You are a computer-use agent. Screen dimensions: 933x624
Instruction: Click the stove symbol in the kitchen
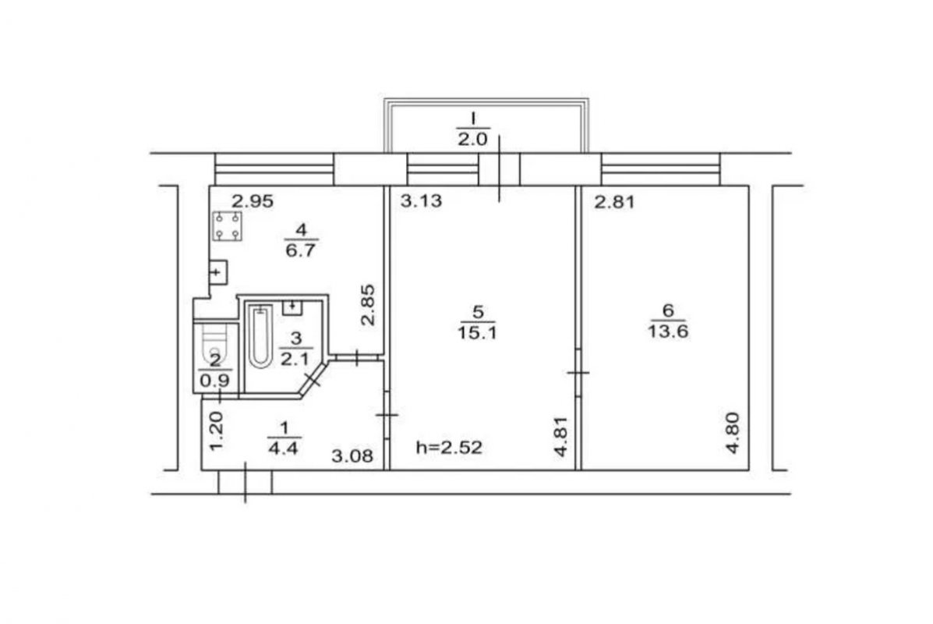pos(228,225)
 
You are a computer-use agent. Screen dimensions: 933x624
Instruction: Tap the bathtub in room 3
pos(260,336)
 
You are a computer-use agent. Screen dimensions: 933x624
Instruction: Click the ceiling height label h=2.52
pos(449,447)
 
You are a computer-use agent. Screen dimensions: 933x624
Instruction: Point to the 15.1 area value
pos(477,332)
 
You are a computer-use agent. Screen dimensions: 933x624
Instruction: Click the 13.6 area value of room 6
pos(668,331)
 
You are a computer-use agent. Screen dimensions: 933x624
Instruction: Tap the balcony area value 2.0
pos(472,140)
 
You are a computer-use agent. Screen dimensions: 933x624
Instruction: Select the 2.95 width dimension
pos(253,201)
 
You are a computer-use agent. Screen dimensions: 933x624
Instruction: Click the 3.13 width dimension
pos(421,200)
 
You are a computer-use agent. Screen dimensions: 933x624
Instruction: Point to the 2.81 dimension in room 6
pos(615,203)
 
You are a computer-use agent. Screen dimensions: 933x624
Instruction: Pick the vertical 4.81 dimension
pos(560,437)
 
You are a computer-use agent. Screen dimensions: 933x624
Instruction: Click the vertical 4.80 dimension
pos(733,433)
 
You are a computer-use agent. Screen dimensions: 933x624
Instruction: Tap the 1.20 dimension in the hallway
pos(217,431)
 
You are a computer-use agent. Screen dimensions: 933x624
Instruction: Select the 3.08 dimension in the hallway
pos(352,456)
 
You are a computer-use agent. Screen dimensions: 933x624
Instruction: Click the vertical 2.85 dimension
pos(369,304)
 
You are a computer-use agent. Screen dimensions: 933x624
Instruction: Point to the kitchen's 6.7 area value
pos(301,250)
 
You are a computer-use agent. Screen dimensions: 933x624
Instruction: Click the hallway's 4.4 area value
pos(283,448)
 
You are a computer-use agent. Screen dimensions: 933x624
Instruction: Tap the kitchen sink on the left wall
pos(217,272)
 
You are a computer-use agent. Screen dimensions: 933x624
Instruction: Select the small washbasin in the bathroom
pos(292,307)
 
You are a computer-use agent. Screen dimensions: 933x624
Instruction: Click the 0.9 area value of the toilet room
pos(215,380)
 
